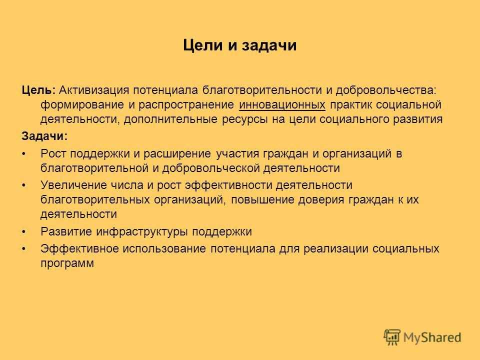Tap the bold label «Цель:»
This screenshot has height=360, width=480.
pyautogui.click(x=38, y=90)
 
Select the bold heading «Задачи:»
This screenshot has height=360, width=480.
pyautogui.click(x=44, y=136)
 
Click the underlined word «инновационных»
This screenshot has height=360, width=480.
pyautogui.click(x=282, y=104)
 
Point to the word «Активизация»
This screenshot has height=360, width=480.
pyautogui.click(x=93, y=90)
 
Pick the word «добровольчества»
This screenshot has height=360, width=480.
pyautogui.click(x=385, y=90)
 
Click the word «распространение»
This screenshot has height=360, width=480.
pyautogui.click(x=186, y=105)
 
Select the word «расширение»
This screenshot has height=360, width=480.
pyautogui.click(x=177, y=153)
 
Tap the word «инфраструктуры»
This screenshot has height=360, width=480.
pyautogui.click(x=142, y=231)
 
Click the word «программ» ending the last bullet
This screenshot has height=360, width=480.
pyautogui.click(x=67, y=263)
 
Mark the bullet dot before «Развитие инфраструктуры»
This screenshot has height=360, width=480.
pyautogui.click(x=24, y=232)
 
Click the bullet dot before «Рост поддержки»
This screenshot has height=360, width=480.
pyautogui.click(x=24, y=154)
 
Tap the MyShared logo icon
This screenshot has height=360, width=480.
pyautogui.click(x=392, y=337)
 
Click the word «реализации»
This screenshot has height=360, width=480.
pyautogui.click(x=336, y=248)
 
